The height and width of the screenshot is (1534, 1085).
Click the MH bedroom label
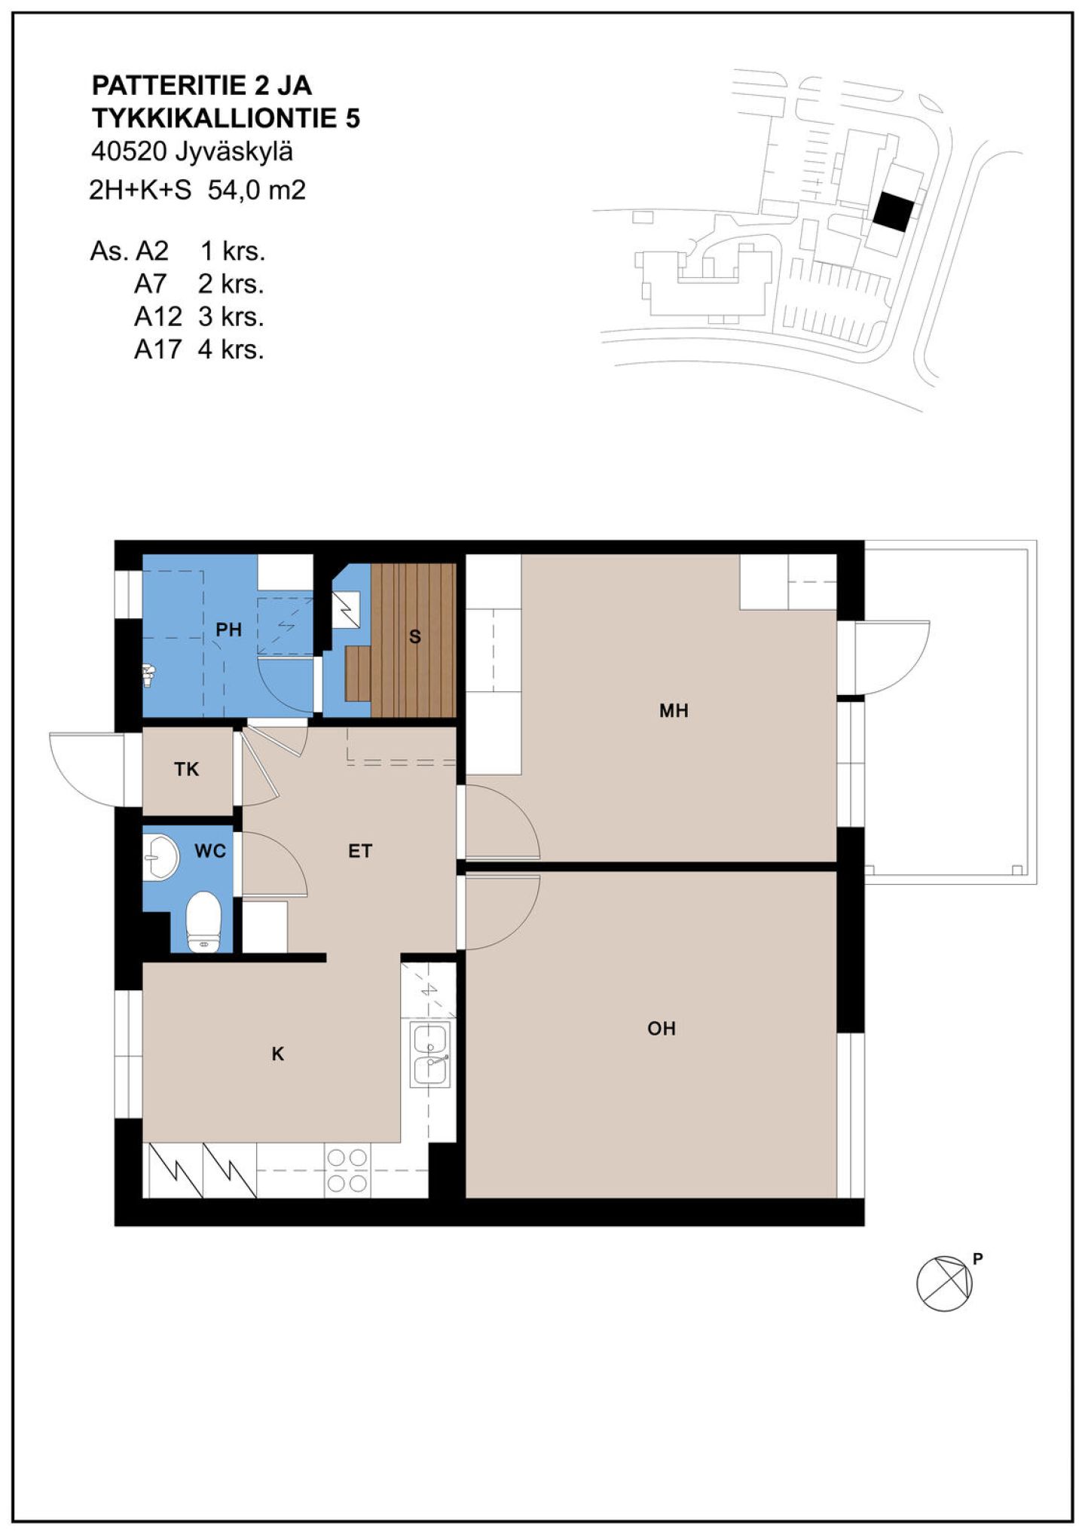pos(674,710)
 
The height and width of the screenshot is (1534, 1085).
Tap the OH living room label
pos(662,1028)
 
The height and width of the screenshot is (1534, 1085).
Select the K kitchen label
pos(278,1054)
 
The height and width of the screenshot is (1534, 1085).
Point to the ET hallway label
pos(360,851)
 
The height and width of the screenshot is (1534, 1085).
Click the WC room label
pos(210,851)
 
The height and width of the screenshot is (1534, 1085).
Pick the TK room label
pos(187,769)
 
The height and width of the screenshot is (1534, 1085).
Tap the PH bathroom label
pos(228,630)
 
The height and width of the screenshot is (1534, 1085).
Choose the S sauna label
pos(414,637)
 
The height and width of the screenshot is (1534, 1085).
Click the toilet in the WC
pos(203,922)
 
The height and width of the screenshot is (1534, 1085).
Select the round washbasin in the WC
pos(160,856)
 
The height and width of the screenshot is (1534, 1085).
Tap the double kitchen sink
pos(430,1054)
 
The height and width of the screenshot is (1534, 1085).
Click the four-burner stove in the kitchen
pos(347,1172)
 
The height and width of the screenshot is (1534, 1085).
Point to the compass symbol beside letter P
pos(944,1283)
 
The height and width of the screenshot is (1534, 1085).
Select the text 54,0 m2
pos(257,191)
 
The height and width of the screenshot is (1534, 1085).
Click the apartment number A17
pos(157,350)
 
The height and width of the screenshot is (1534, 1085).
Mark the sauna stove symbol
pos(345,610)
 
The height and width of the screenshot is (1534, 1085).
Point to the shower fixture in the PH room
pos(149,675)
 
